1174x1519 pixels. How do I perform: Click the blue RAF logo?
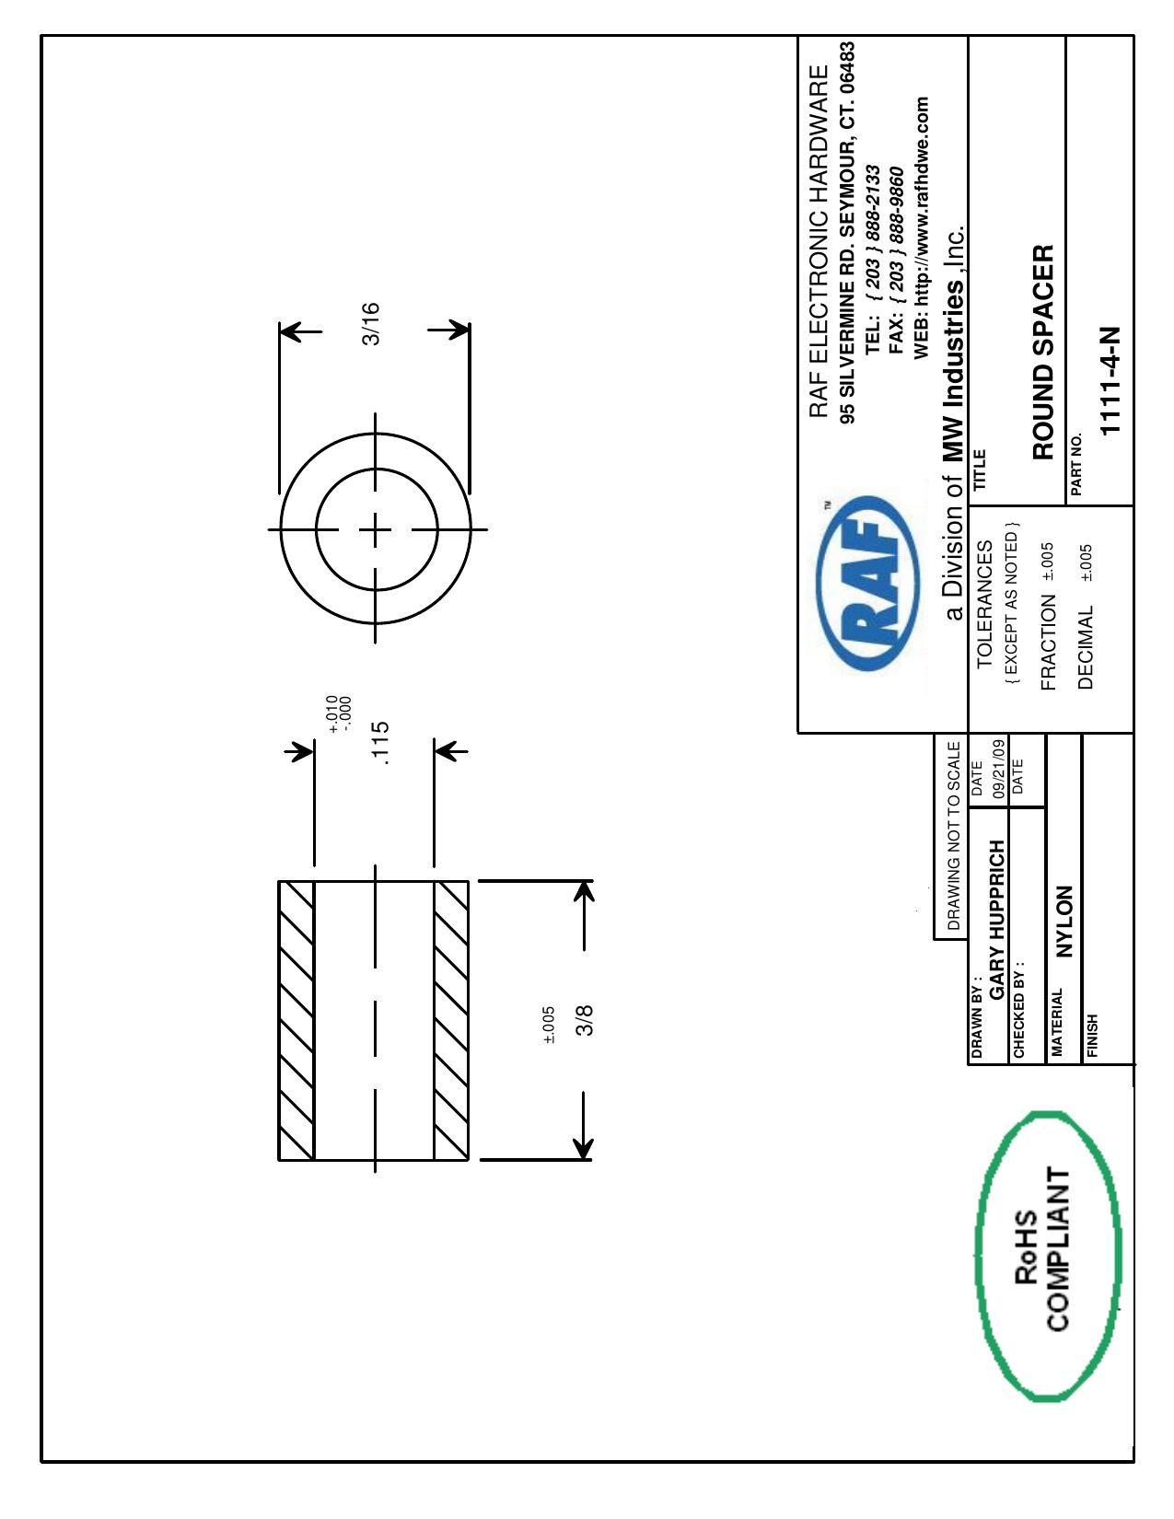pos(867,583)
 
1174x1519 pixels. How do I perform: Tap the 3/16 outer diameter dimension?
pos(370,324)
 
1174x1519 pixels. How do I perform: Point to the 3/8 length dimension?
pos(585,1020)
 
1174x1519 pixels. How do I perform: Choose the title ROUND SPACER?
pos(1042,353)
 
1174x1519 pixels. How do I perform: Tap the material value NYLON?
pos(1063,922)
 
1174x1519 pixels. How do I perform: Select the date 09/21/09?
pos(999,769)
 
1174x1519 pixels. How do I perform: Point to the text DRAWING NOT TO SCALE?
pos(953,836)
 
